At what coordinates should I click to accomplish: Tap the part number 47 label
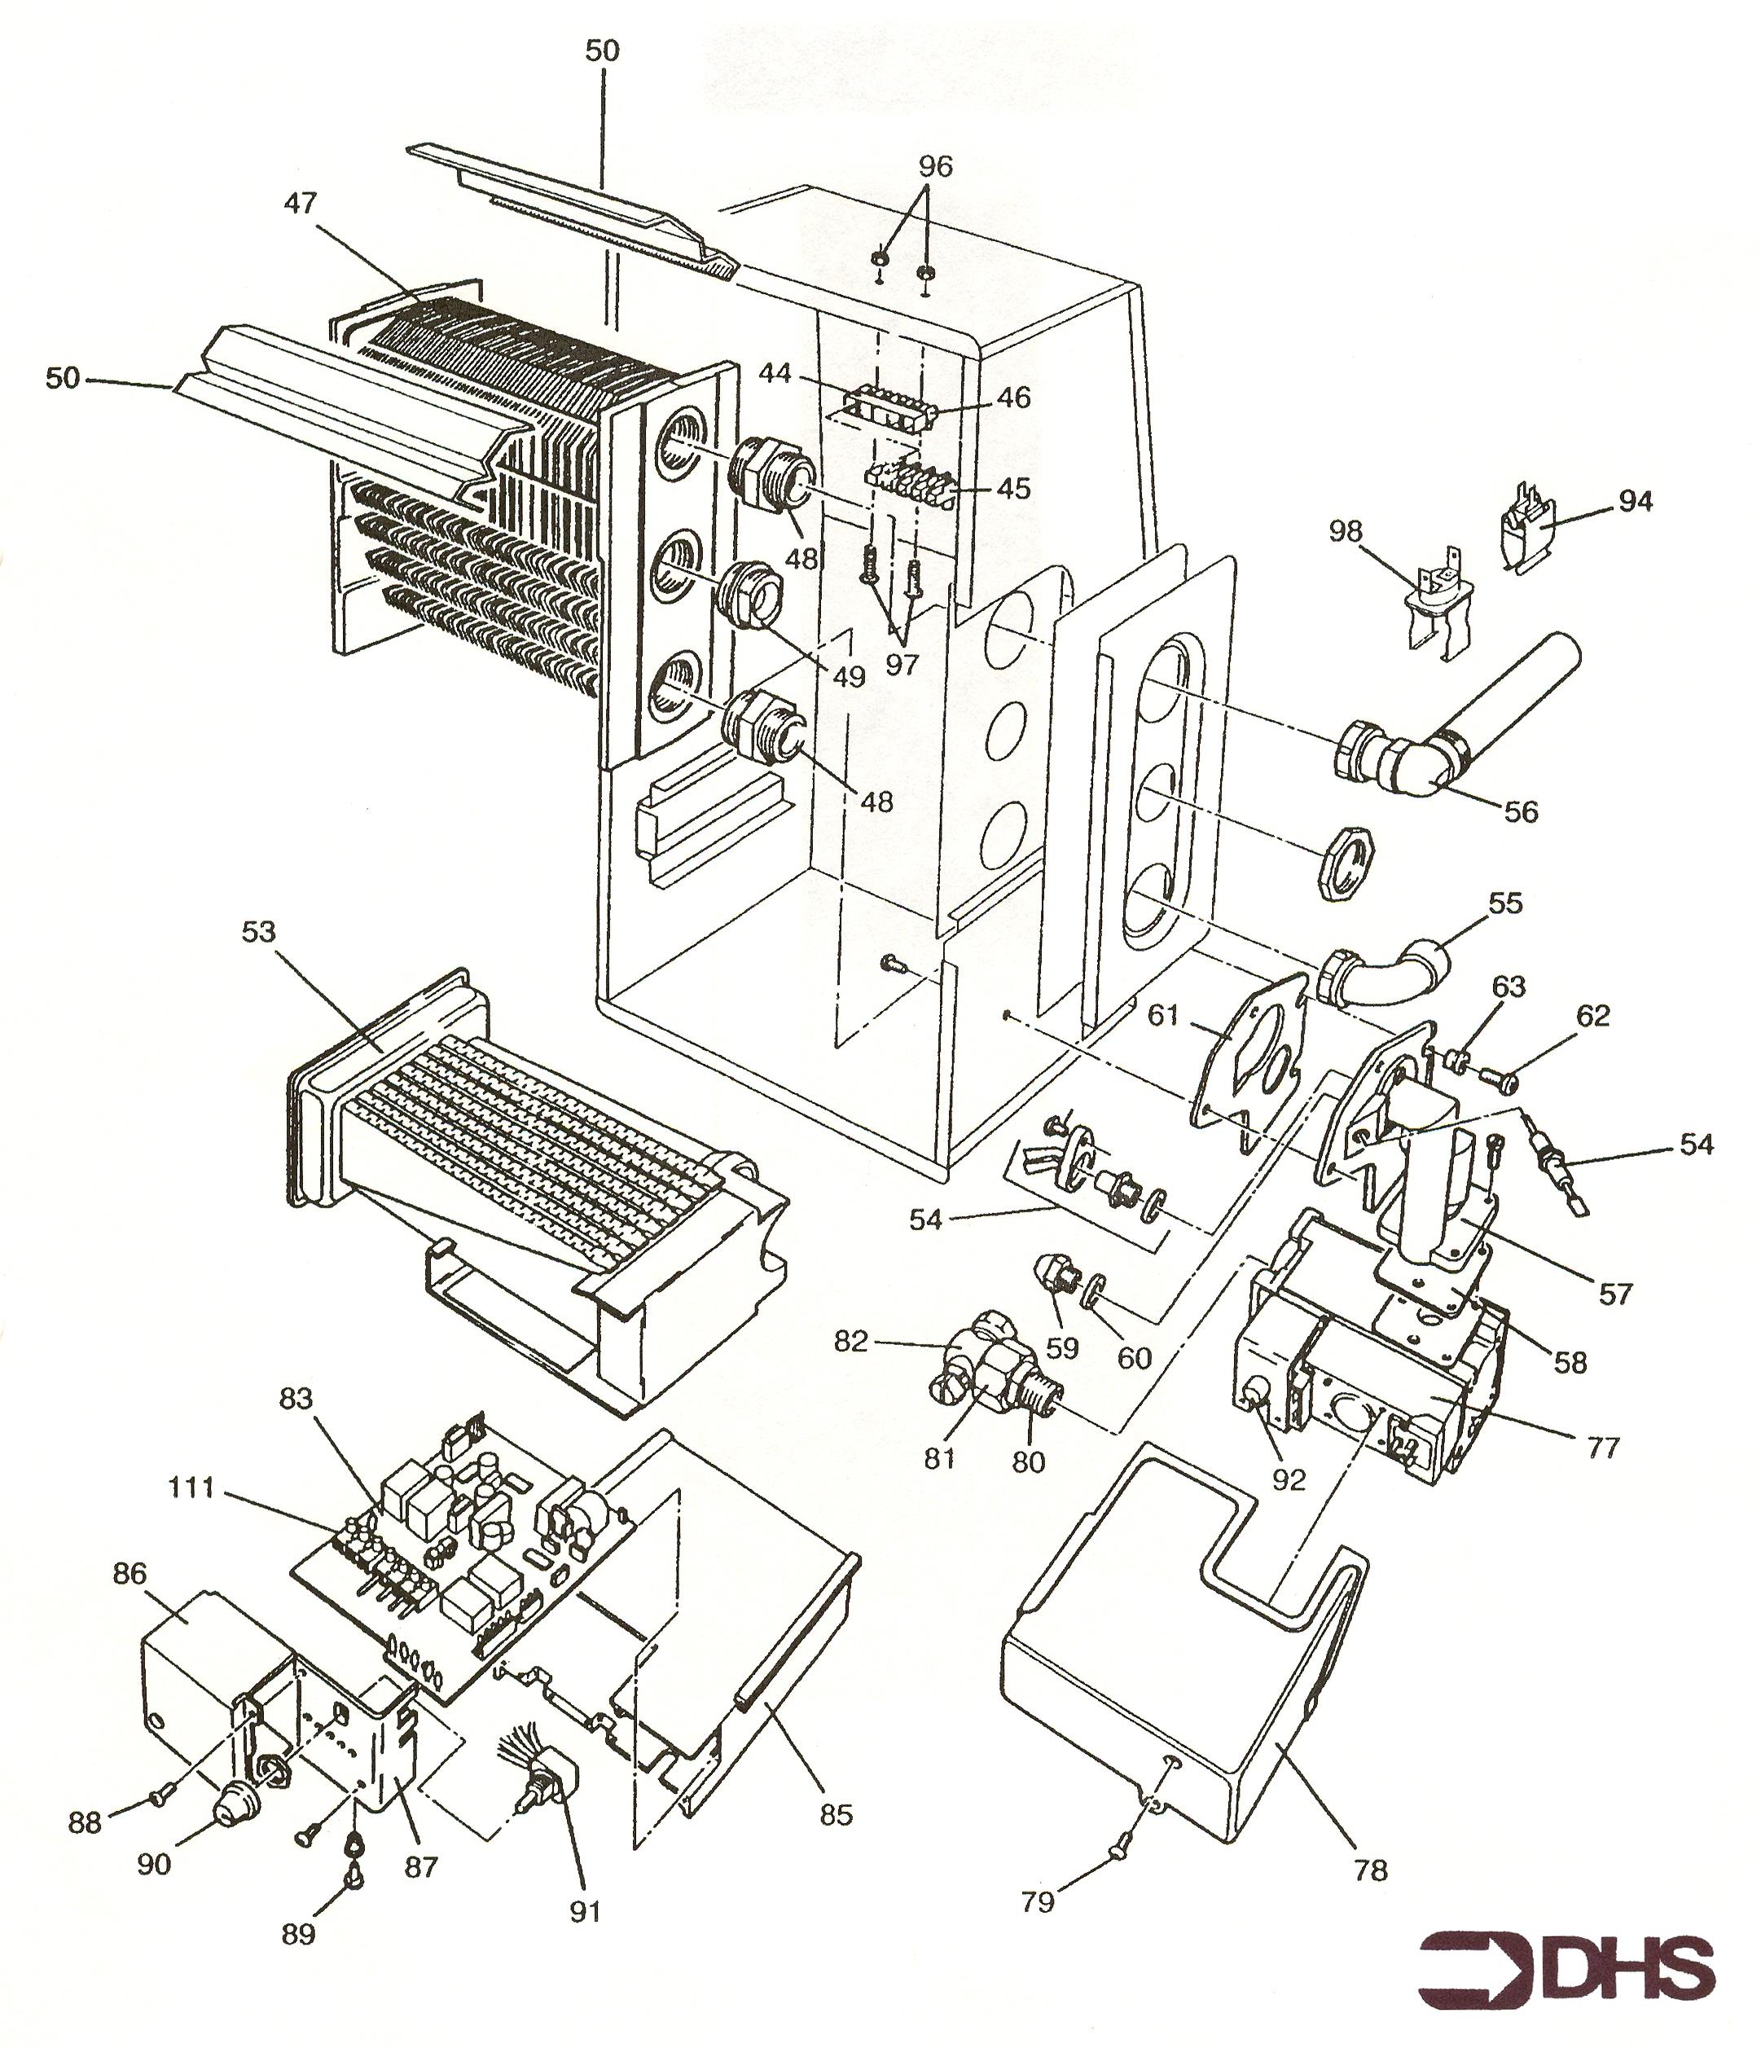tap(301, 204)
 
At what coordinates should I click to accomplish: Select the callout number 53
tap(258, 932)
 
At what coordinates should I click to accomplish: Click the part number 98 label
tap(1345, 533)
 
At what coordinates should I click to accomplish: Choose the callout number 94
tap(1636, 502)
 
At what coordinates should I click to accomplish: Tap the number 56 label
tap(1521, 811)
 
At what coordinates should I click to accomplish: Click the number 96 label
tap(935, 167)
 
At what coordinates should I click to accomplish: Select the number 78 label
tap(1371, 1870)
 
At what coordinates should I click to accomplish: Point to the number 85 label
tap(836, 1815)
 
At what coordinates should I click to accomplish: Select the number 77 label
tap(1603, 1448)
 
